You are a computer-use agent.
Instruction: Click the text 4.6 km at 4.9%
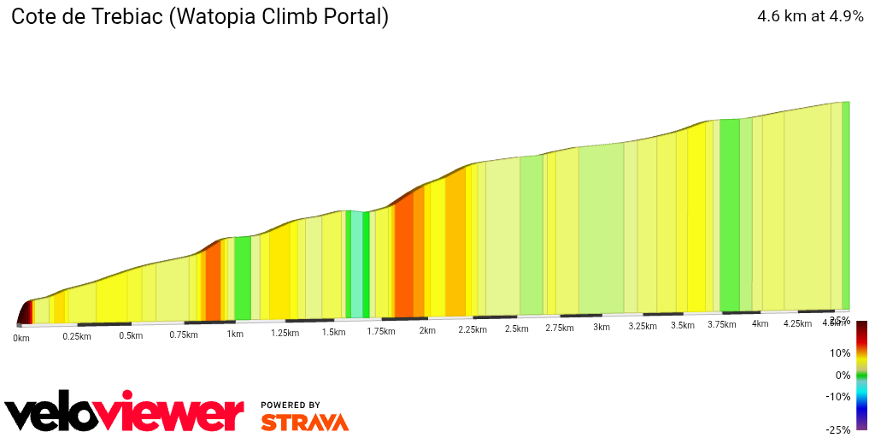[x=810, y=16]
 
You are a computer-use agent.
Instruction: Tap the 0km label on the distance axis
[x=21, y=339]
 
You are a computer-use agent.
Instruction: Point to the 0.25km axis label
[x=76, y=336]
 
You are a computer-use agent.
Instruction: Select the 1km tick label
[x=234, y=334]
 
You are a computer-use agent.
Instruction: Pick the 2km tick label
[x=426, y=330]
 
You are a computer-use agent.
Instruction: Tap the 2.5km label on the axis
[x=516, y=328]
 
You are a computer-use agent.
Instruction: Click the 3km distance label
[x=602, y=327]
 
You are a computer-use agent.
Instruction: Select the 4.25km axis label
[x=796, y=324]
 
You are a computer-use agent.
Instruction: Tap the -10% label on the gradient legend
[x=837, y=397]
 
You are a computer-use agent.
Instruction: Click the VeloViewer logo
[x=125, y=414]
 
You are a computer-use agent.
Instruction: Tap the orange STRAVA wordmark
[x=304, y=423]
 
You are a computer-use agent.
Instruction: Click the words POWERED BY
[x=291, y=405]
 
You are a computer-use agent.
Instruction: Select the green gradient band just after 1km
[x=243, y=278]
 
